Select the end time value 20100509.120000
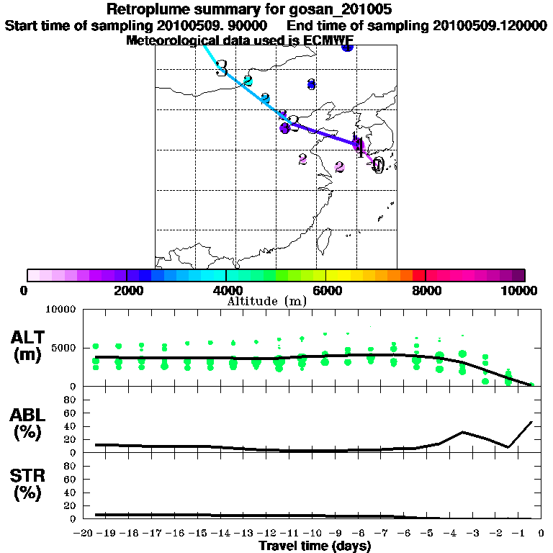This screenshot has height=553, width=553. coord(490,25)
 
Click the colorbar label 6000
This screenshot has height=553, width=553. coord(326,290)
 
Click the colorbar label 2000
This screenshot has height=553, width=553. coord(126,290)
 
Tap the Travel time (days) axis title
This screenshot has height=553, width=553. coord(315,547)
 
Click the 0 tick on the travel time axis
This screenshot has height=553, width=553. coord(541,534)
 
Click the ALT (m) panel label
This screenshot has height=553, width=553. coord(30,345)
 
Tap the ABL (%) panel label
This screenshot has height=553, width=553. coord(29,426)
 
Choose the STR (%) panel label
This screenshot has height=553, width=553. coord(29,485)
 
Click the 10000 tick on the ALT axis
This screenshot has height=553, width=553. coord(62,310)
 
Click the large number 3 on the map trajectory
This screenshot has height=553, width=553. coord(221,68)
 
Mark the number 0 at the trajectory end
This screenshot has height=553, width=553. coord(377,166)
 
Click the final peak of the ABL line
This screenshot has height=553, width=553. coord(532,422)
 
